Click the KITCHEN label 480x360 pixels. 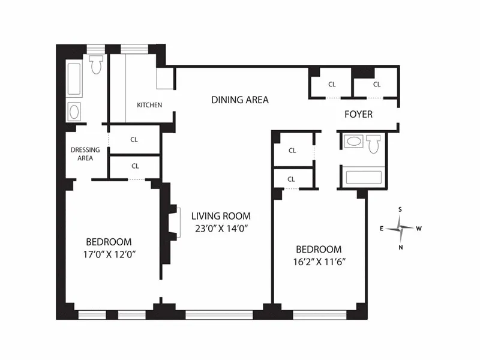[149, 105]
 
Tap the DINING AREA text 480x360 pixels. [239, 100]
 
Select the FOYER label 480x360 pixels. [358, 114]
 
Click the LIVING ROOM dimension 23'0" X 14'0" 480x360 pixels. [220, 228]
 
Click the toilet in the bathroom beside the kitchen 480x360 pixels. [96, 65]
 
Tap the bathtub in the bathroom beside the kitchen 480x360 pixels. [75, 79]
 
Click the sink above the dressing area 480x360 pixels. [75, 111]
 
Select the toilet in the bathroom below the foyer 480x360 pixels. [374, 145]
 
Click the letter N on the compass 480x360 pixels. [401, 247]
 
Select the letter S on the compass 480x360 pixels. [400, 209]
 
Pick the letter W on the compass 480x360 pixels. [419, 229]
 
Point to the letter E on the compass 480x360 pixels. [382, 229]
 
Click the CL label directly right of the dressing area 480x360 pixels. [134, 139]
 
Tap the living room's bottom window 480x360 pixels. [218, 314]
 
